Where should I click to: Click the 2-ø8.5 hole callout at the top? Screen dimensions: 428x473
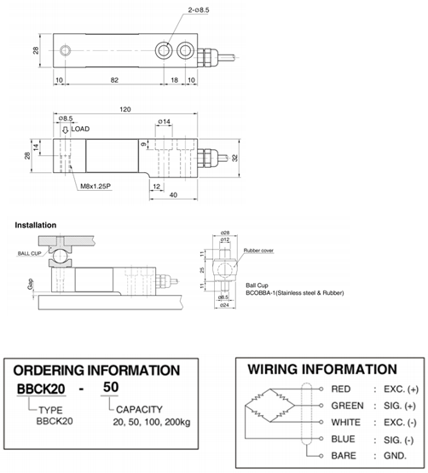click(199, 10)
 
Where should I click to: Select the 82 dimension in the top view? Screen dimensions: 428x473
click(114, 80)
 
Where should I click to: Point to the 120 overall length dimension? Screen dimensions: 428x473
click(125, 109)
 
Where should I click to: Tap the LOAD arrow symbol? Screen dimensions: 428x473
click(65, 130)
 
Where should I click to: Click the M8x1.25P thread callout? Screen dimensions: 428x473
click(95, 186)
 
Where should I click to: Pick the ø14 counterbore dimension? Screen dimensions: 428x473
click(165, 122)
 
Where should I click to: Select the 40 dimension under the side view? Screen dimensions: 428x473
click(173, 195)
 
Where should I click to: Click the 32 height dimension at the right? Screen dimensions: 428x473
click(234, 158)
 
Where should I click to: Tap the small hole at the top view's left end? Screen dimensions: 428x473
click(65, 50)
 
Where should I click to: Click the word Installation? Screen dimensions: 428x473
click(36, 225)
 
